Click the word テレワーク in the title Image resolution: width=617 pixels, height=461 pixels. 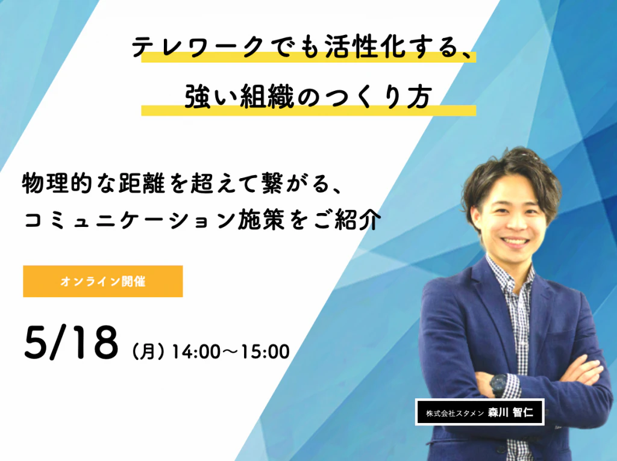click(x=198, y=48)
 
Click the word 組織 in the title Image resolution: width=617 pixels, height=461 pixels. click(x=267, y=97)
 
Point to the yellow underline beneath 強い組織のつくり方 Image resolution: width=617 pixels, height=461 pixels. click(x=308, y=111)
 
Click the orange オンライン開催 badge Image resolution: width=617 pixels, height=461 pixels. click(x=102, y=282)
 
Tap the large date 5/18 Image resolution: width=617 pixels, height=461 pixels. click(x=71, y=342)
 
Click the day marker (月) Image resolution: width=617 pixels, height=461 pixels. click(x=148, y=351)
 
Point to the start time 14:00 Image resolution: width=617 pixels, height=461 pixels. click(x=192, y=351)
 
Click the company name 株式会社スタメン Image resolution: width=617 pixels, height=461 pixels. click(x=454, y=413)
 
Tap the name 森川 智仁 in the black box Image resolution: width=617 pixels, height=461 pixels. click(x=511, y=412)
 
